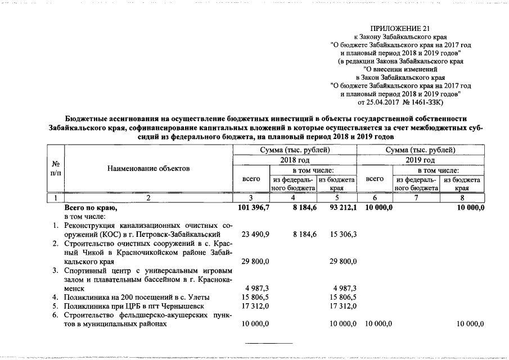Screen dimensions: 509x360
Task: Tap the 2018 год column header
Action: [294, 160]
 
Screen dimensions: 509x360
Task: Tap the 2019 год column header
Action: [420, 160]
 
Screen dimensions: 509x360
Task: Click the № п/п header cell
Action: [56, 168]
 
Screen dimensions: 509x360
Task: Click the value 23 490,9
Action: [255, 233]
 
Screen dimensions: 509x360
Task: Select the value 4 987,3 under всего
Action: [258, 288]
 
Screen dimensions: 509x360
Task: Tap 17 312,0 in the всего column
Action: [255, 306]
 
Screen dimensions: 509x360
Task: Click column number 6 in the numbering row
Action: [376, 198]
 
